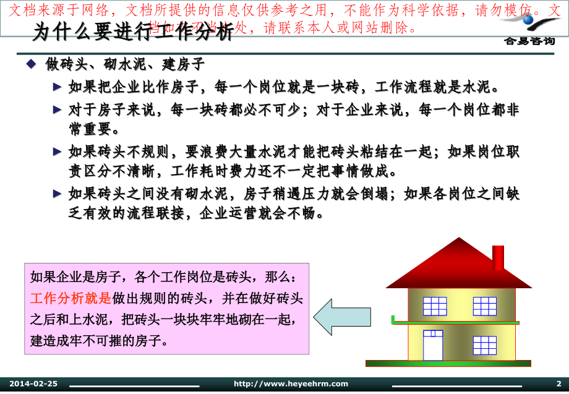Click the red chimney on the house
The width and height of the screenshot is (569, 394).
498,257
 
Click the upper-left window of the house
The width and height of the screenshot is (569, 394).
435,306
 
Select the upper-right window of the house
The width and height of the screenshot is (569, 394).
484,306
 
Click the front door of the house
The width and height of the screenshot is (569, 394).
433,345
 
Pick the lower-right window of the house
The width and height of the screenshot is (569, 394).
484,345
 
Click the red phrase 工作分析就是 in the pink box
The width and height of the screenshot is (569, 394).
71,299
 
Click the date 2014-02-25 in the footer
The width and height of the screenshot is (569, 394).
33,384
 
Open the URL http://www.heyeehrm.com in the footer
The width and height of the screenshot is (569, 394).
291,384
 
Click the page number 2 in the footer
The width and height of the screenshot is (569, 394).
558,384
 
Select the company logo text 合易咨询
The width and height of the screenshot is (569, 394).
529,41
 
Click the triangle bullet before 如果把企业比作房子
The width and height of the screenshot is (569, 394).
58,87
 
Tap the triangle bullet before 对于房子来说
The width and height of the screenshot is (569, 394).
58,110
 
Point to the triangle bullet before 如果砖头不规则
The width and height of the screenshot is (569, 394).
58,152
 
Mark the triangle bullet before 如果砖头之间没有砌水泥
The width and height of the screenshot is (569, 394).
58,194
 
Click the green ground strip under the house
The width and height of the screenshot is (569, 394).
448,363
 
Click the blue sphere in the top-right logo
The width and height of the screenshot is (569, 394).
528,20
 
